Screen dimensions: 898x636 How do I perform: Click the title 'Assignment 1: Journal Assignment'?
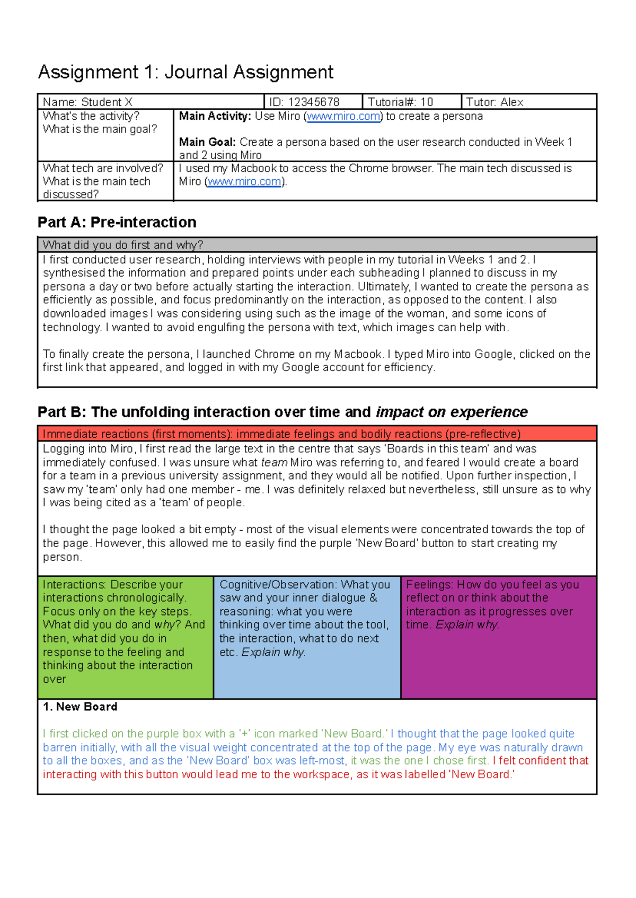coord(185,72)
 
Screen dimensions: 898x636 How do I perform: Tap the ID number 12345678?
coord(313,102)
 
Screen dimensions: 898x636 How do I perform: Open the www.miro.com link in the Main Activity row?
coord(343,117)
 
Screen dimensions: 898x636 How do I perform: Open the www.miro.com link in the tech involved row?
coord(244,182)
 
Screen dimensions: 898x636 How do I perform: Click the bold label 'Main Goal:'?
coord(207,142)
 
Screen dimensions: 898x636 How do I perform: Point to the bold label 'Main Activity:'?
coord(215,116)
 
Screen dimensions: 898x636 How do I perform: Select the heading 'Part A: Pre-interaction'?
coord(117,222)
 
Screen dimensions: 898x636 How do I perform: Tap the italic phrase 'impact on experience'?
coord(452,412)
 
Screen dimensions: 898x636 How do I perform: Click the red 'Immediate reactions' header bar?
coord(317,434)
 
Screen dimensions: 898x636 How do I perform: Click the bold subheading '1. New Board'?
coord(80,707)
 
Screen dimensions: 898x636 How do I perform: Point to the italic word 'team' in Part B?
coord(274,462)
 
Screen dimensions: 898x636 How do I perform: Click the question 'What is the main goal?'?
coord(100,129)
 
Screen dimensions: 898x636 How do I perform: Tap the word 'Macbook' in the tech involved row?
coord(253,169)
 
